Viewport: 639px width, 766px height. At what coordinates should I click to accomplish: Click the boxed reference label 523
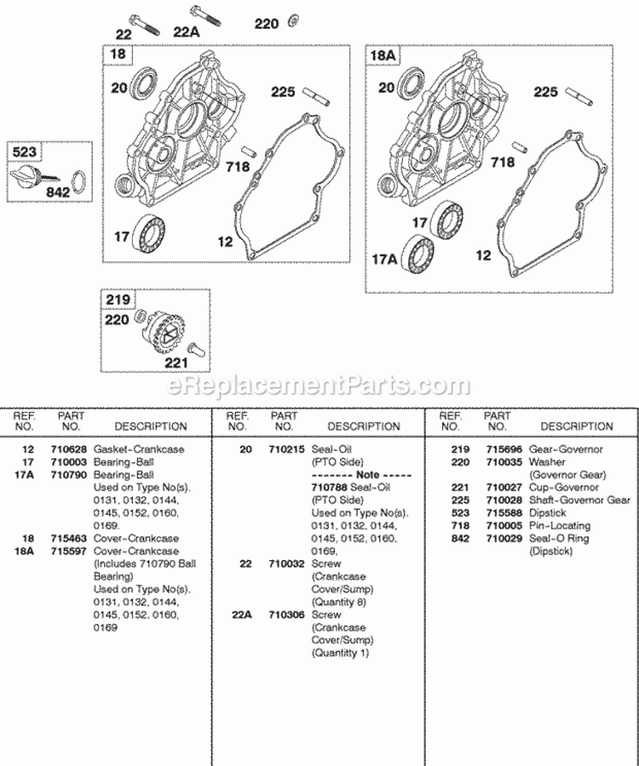coord(24,152)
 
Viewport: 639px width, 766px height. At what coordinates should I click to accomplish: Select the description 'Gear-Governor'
coord(566,449)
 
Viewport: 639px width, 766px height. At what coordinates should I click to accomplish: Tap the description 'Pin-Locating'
coord(561,525)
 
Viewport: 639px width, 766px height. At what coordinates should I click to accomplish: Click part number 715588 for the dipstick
coord(498,512)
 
